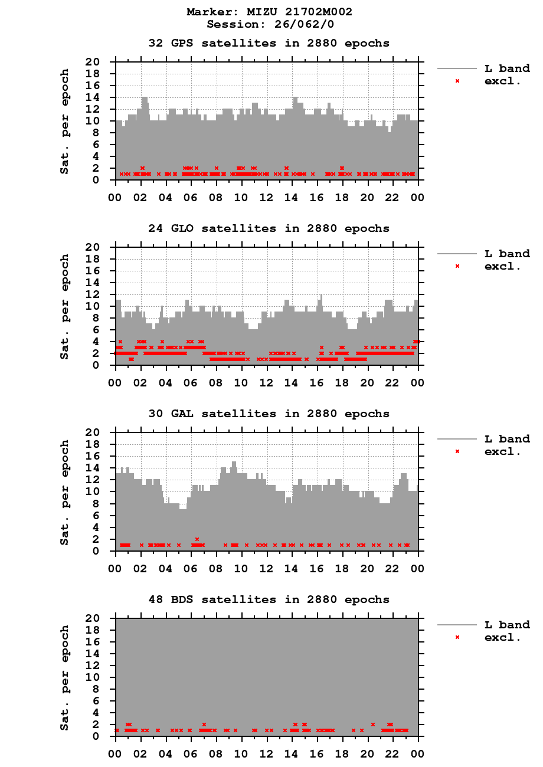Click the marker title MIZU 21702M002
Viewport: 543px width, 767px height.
(x=270, y=12)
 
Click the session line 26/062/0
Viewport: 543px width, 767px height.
(x=270, y=24)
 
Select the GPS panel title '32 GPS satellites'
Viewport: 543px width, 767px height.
(x=269, y=43)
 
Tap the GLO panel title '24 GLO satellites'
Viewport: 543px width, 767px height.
(x=269, y=228)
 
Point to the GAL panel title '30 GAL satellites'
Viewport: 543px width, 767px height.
(x=269, y=414)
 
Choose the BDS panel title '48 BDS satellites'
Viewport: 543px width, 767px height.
(x=269, y=599)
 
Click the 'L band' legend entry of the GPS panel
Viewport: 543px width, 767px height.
(x=506, y=68)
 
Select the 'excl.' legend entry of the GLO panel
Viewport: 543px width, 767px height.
(x=502, y=265)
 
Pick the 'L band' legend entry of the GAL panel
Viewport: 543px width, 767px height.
(x=506, y=439)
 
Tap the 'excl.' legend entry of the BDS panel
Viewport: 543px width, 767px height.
(x=502, y=637)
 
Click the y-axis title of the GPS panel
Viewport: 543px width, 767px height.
(x=64, y=121)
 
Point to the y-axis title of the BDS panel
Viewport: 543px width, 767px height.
(x=64, y=677)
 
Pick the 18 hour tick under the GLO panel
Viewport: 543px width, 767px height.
(x=342, y=383)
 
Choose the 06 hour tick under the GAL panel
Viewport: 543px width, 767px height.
(x=191, y=568)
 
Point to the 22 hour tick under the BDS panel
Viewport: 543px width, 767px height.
(x=392, y=754)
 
